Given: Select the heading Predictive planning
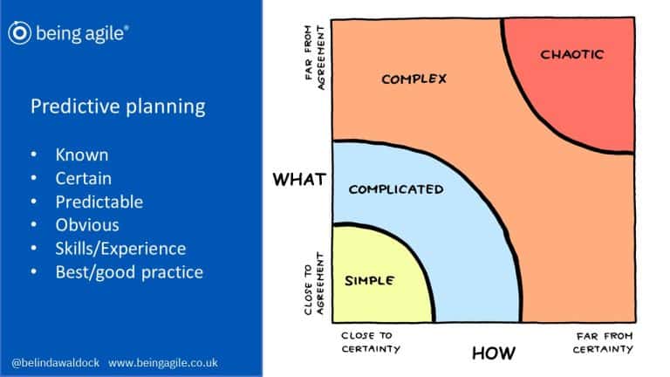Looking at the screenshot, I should (x=118, y=106).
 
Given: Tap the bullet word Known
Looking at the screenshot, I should (x=82, y=154).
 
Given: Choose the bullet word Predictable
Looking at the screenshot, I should (x=99, y=202).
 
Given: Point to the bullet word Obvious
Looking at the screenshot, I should (x=87, y=225).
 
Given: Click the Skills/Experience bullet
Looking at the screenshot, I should (x=120, y=249).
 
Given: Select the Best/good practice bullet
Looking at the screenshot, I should (x=129, y=272).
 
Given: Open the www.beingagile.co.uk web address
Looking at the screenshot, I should (x=163, y=362).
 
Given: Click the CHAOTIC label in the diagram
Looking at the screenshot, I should (x=572, y=54).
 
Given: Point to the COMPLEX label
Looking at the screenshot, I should (x=414, y=79).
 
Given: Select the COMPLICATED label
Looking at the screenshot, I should (x=395, y=189).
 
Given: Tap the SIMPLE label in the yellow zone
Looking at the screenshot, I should (x=370, y=281).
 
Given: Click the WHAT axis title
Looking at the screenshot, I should (x=299, y=180).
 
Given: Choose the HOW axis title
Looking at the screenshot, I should (x=494, y=353).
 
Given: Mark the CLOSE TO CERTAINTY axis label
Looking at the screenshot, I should (x=371, y=341).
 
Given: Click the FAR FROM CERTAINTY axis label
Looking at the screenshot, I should (x=603, y=341).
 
